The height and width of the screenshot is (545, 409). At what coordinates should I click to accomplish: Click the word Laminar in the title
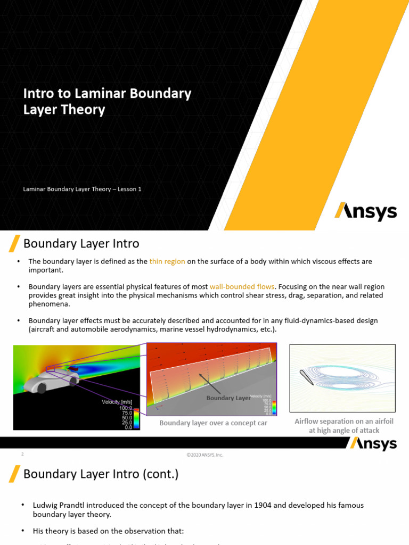(x=93, y=94)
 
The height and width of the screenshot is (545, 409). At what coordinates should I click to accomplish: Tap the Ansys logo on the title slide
(x=365, y=211)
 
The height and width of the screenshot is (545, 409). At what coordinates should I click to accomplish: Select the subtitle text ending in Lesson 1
(x=82, y=189)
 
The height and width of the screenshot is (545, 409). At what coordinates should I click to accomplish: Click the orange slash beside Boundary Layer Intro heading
(x=15, y=243)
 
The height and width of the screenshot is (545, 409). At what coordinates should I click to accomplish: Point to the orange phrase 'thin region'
(x=167, y=261)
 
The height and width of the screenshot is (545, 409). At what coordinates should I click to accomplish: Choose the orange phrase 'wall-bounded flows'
(x=242, y=286)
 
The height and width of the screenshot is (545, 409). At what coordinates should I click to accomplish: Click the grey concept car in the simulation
(x=53, y=380)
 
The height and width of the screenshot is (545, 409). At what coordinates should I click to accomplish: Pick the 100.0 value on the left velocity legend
(x=125, y=408)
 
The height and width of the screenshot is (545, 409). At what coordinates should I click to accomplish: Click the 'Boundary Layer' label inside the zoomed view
(x=227, y=398)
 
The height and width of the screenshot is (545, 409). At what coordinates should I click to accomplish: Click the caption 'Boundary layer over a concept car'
(x=214, y=423)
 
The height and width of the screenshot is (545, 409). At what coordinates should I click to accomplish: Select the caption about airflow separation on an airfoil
(x=344, y=426)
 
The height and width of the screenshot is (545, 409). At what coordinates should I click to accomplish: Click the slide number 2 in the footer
(x=22, y=454)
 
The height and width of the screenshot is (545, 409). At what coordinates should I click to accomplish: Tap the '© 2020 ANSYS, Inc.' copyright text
(x=204, y=455)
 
